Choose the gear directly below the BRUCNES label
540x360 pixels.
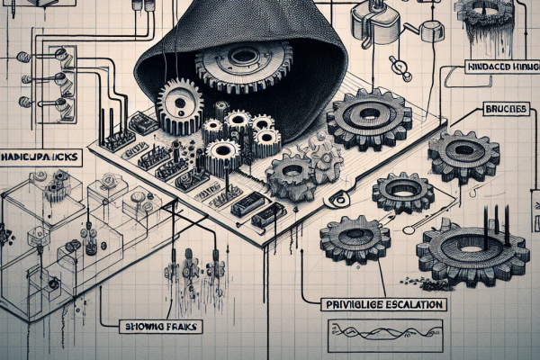(x=463, y=154)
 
